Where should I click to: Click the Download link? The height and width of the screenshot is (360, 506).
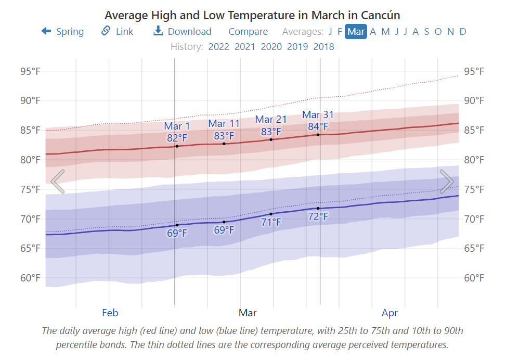[183, 32]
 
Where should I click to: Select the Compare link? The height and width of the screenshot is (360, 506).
[248, 32]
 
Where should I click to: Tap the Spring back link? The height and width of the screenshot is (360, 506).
[63, 32]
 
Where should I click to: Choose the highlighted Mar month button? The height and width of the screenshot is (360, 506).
[356, 32]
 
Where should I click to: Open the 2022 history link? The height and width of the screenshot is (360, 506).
[218, 47]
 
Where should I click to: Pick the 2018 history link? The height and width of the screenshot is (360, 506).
[323, 47]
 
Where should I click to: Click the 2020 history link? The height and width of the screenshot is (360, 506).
[271, 47]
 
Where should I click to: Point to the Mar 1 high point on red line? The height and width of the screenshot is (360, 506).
[177, 146]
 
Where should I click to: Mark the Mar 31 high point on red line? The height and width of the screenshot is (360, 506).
[318, 135]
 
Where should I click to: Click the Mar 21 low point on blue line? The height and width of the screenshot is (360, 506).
[271, 214]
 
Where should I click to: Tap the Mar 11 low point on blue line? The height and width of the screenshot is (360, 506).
[224, 222]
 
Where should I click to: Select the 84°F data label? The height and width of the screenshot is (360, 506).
[318, 126]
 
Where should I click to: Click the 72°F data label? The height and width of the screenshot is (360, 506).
[318, 216]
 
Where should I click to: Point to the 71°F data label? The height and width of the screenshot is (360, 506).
[271, 223]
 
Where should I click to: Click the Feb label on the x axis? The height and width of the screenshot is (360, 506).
[110, 313]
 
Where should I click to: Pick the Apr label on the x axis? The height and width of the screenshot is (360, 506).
[390, 313]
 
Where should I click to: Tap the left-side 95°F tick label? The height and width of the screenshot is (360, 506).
[30, 71]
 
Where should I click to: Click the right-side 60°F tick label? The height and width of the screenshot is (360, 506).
[474, 278]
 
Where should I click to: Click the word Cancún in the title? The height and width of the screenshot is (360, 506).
[378, 15]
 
